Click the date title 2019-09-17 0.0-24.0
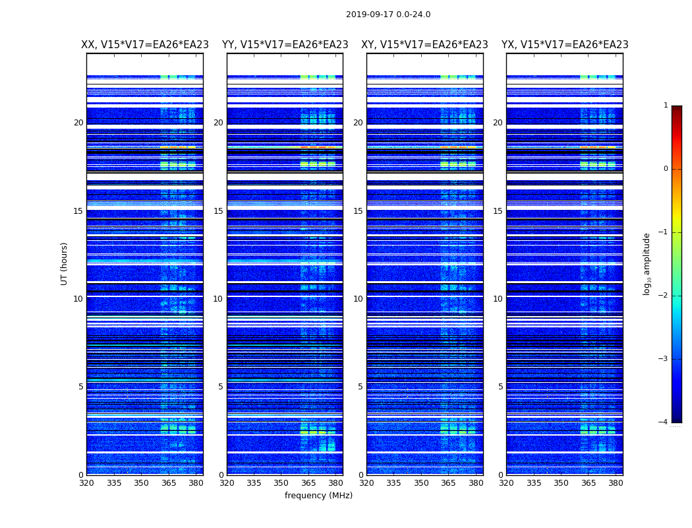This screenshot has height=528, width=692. click(x=388, y=15)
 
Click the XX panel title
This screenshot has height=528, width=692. click(x=145, y=45)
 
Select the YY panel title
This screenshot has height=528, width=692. click(x=285, y=45)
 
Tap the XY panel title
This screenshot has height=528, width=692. click(x=424, y=45)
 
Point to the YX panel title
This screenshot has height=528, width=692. click(x=565, y=45)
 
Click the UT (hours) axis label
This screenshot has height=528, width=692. click(x=65, y=263)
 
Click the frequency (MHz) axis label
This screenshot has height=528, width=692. click(x=318, y=496)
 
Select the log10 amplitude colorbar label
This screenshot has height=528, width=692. click(x=647, y=263)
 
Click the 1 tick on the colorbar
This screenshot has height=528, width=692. click(x=665, y=106)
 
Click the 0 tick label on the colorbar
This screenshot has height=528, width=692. click(x=665, y=169)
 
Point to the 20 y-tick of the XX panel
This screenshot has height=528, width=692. click(x=78, y=123)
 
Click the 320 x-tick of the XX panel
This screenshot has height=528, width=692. click(x=87, y=482)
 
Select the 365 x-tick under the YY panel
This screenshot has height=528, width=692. click(x=308, y=482)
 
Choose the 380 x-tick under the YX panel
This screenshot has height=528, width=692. click(x=616, y=482)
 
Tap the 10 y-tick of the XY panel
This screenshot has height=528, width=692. click(x=358, y=299)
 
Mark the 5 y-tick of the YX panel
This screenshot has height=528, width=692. click(x=500, y=387)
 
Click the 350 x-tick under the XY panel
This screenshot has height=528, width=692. click(x=421, y=482)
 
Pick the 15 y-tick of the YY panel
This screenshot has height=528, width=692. click(x=218, y=211)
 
